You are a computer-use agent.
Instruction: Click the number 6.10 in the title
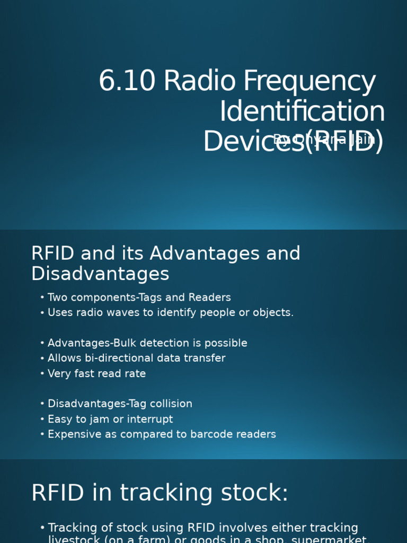[127, 82]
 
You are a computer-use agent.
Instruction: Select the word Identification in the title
[302, 112]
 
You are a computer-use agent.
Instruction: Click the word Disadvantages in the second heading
[100, 274]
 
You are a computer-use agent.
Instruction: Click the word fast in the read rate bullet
[84, 374]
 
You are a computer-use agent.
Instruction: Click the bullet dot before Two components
[42, 298]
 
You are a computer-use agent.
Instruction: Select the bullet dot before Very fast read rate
[42, 374]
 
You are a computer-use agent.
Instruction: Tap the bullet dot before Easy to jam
[42, 419]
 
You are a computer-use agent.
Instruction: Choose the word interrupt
[149, 419]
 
